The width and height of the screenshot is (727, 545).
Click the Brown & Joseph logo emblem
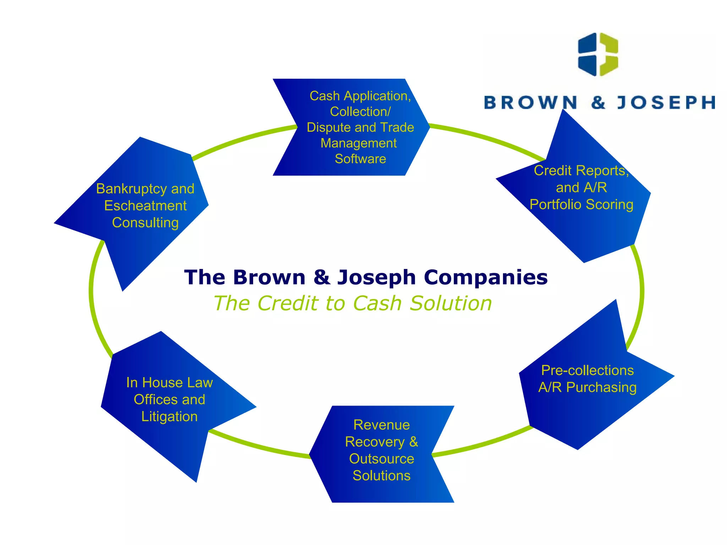[x=598, y=54]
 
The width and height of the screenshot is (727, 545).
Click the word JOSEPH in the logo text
[x=666, y=103]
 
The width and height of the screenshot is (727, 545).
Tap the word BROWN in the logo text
[x=530, y=103]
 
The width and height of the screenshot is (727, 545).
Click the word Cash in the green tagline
[x=377, y=303]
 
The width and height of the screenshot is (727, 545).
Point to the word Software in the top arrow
[x=360, y=159]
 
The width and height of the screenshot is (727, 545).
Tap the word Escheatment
[x=145, y=206]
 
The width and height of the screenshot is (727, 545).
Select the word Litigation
[x=169, y=417]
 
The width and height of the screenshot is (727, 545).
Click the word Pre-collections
[x=587, y=370]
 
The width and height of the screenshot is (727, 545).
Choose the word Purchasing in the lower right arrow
[x=601, y=387]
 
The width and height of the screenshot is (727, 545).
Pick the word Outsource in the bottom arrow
[x=381, y=459]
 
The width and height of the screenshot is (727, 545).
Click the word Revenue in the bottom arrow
[x=381, y=425]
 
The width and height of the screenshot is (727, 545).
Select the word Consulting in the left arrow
[x=145, y=223]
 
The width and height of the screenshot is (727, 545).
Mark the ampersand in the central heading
[x=321, y=277]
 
